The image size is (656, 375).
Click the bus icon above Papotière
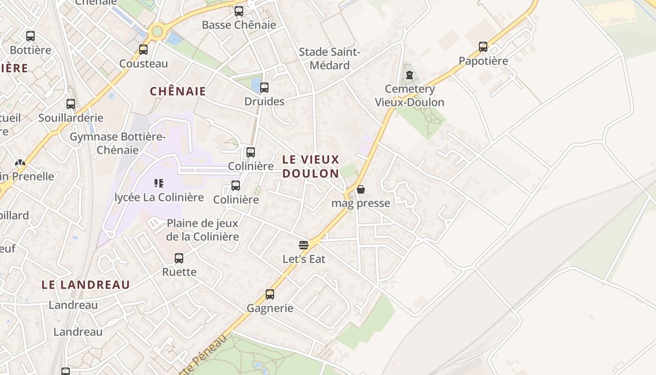coord(483,47)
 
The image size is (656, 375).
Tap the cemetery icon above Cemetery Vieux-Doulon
coord(410,75)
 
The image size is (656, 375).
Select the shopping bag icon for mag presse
coord(360,189)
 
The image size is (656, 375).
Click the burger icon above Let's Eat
coord(304,245)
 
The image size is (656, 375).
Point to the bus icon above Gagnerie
coord(270,294)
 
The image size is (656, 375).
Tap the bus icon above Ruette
coord(179,258)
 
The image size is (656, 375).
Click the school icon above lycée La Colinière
coord(159,183)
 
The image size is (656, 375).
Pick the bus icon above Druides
coord(264,88)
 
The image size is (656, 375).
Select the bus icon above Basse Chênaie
coord(239,11)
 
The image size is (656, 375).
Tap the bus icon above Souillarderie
coord(71,104)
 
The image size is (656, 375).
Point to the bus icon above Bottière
coord(30,36)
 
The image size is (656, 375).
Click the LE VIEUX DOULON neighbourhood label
coord(311,166)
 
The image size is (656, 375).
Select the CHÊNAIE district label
coord(178,91)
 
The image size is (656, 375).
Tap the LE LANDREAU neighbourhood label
coord(86,285)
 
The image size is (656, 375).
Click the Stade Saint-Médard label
coord(329,59)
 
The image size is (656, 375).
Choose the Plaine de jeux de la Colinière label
coord(202,230)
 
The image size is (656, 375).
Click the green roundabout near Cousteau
coord(157,32)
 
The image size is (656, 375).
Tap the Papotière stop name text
coord(483,61)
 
